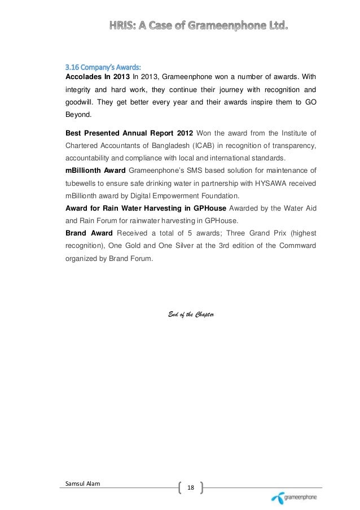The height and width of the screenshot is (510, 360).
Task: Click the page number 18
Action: tap(190, 487)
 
